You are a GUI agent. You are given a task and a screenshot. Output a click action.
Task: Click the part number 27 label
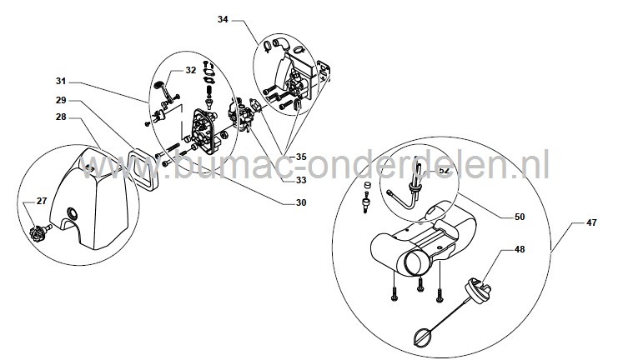click(42, 201)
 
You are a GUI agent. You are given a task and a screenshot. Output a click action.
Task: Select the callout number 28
click(61, 117)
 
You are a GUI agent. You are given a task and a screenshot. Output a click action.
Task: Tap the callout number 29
click(61, 101)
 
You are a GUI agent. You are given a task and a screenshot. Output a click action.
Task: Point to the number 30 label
click(301, 202)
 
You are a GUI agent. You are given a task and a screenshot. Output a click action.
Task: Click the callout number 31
click(61, 81)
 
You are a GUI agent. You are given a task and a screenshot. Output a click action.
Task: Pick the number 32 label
click(191, 70)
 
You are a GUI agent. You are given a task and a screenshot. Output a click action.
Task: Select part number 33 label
click(301, 180)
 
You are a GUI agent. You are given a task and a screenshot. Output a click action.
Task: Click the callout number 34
click(223, 19)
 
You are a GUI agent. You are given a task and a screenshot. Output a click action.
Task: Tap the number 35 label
click(301, 157)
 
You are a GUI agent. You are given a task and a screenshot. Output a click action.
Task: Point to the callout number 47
click(591, 222)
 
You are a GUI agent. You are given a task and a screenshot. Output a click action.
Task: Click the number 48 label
click(520, 249)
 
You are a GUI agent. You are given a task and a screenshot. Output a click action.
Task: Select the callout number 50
click(520, 217)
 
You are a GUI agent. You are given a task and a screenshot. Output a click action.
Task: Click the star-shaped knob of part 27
click(38, 230)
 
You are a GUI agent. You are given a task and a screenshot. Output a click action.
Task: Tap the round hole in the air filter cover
click(73, 212)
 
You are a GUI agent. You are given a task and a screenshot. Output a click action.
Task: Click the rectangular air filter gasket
click(143, 167)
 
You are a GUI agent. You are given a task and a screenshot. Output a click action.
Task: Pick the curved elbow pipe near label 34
click(281, 43)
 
